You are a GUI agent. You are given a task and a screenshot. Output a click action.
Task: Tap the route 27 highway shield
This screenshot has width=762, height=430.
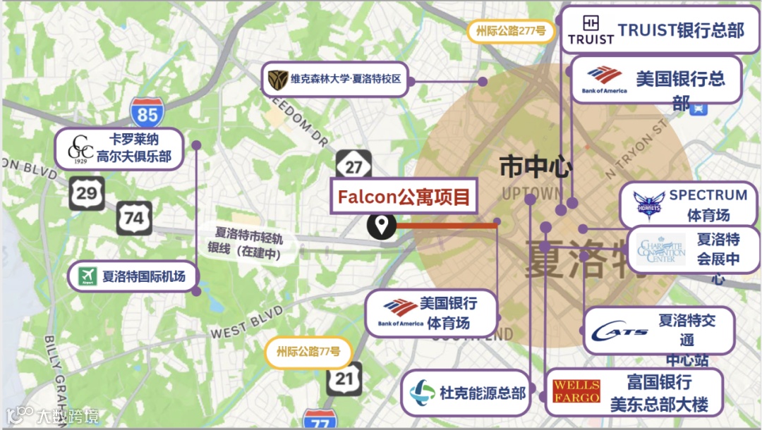353,166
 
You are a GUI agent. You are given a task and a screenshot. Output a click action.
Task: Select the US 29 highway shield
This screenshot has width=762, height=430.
86,192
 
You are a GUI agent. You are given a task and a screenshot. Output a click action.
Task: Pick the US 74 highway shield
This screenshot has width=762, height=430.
134,218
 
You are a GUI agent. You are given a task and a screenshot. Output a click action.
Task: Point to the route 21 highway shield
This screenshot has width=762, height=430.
344,379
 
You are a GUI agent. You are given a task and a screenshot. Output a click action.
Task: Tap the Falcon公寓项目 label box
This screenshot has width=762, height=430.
404,197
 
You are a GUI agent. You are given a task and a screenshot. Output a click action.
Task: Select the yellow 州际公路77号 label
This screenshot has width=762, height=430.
308,352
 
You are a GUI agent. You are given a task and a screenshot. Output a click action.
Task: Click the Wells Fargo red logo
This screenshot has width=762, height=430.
576,392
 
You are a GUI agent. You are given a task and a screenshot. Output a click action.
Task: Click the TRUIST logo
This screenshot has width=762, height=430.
591,30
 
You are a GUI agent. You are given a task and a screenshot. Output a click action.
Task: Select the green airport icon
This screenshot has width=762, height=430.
87,276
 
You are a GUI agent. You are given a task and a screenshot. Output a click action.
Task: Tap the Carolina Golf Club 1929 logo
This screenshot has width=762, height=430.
80,149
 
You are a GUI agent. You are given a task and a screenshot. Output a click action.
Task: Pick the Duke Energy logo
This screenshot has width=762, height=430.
422,392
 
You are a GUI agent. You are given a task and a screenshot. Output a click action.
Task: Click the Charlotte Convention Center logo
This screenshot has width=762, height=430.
660,250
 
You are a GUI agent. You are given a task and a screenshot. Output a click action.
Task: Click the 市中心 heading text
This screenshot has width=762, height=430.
536,168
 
